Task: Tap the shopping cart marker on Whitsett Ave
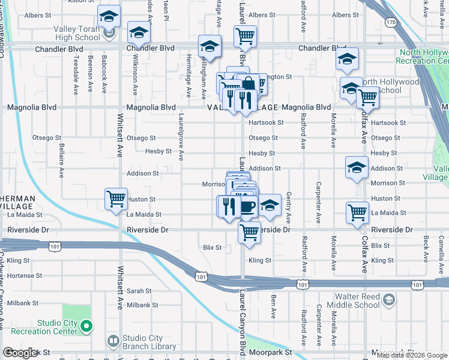(115, 199)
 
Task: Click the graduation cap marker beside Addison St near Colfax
(357, 167)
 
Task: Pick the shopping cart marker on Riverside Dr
(249, 232)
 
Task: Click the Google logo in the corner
(20, 353)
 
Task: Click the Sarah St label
(139, 290)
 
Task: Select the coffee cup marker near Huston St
(249, 207)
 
